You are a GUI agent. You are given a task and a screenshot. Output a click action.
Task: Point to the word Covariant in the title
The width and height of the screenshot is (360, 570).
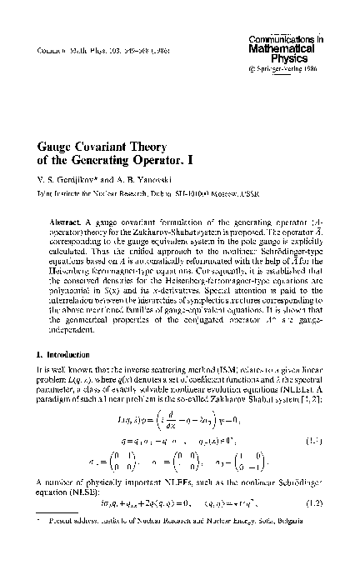tap(112, 146)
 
